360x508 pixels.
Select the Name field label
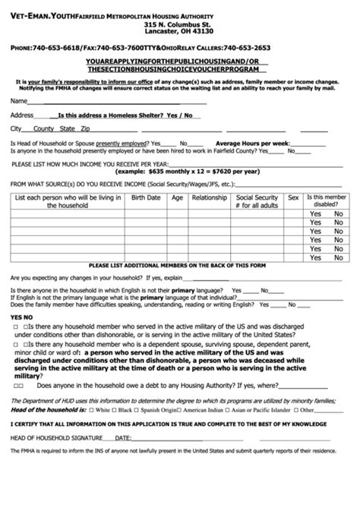click(20, 100)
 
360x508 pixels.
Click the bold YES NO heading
click(21, 317)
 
